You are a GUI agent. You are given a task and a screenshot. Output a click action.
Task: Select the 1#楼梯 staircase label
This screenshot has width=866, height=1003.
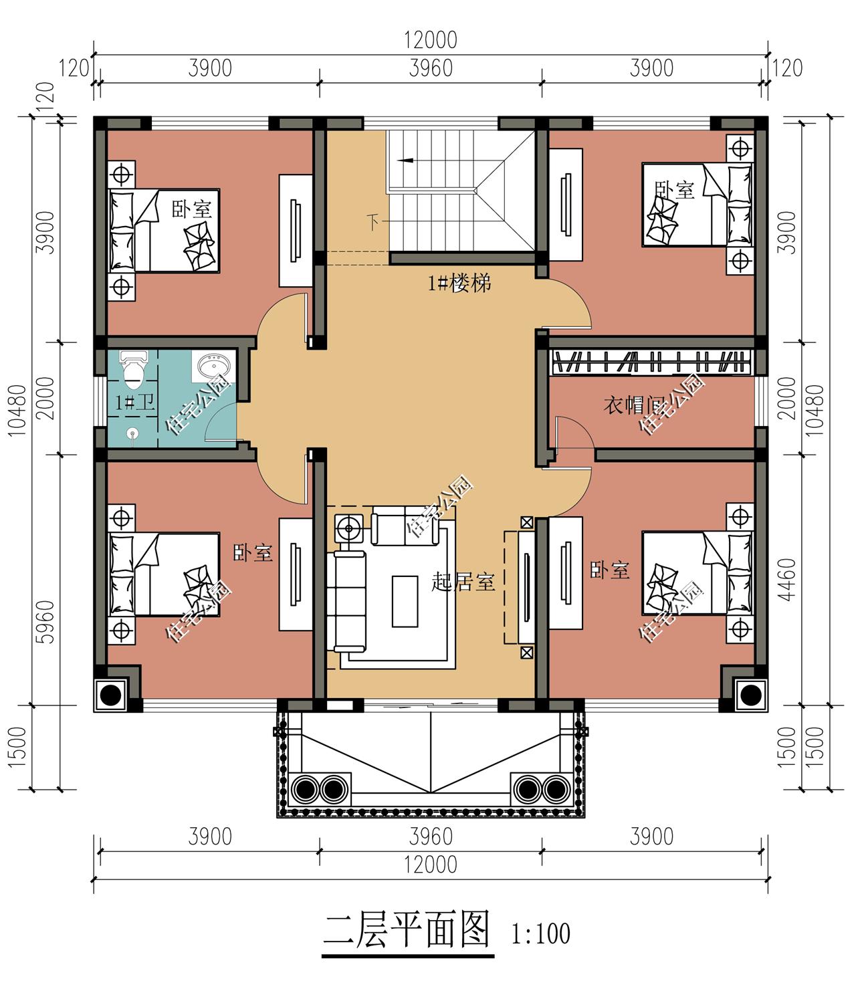(459, 284)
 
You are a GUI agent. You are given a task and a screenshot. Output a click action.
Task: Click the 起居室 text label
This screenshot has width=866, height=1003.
(463, 582)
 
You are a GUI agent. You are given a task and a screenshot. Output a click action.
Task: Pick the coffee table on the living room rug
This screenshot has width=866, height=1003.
(405, 600)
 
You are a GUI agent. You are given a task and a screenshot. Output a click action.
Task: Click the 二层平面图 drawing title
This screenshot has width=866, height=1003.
(407, 930)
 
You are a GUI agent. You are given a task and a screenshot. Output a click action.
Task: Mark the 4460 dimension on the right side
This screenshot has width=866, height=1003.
(788, 579)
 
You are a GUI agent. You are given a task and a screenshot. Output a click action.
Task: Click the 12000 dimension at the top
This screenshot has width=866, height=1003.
(430, 40)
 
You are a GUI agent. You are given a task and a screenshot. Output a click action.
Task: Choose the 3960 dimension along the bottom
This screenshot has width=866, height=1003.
(431, 837)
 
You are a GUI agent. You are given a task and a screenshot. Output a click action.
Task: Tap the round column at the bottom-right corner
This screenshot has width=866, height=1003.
(750, 695)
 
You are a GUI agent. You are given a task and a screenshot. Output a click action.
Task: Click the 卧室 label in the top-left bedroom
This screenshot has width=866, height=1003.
(192, 209)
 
